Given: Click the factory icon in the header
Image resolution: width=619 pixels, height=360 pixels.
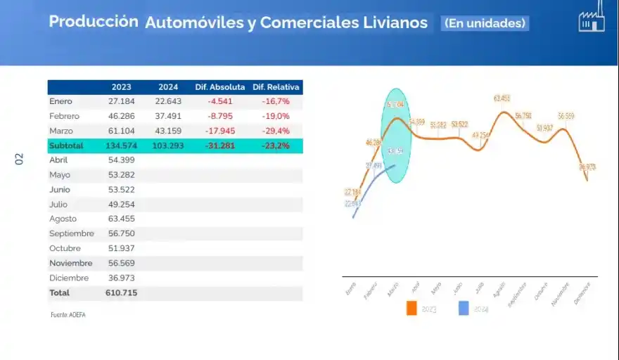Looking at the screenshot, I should point(591,21).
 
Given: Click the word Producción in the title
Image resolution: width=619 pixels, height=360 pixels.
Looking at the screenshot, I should point(93,21).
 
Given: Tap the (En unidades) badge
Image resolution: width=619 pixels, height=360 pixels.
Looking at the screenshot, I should point(485,23).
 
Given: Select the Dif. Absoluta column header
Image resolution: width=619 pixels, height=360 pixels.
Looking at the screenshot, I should point(220,87).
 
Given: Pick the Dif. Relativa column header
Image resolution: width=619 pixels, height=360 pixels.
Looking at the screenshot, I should point(276,87).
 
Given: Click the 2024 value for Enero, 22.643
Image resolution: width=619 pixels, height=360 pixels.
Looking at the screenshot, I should point(168,101).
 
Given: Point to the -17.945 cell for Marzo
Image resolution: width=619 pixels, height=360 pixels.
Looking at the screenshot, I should point(220,131).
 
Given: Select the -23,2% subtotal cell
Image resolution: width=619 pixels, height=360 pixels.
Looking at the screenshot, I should point(276,146).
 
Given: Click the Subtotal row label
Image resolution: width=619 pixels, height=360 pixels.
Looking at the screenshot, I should point(66,146).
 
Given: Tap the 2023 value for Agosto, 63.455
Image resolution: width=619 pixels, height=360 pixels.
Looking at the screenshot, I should point(121,219).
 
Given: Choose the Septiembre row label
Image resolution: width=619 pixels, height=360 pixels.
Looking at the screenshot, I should point(72,233).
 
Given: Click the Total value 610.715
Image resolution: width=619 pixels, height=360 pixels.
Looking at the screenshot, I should point(121,292).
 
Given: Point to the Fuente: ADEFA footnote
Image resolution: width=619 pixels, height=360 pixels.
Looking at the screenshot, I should point(68,314).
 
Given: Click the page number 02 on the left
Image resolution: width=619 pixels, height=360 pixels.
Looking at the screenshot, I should point(20,160).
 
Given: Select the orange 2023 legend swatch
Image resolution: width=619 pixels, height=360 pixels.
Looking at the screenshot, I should point(411,308).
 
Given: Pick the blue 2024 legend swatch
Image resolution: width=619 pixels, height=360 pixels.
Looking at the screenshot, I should point(463,308).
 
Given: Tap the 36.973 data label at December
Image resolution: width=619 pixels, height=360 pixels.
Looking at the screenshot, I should point(586,167).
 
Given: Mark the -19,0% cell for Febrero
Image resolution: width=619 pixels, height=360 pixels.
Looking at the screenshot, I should point(276,116).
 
